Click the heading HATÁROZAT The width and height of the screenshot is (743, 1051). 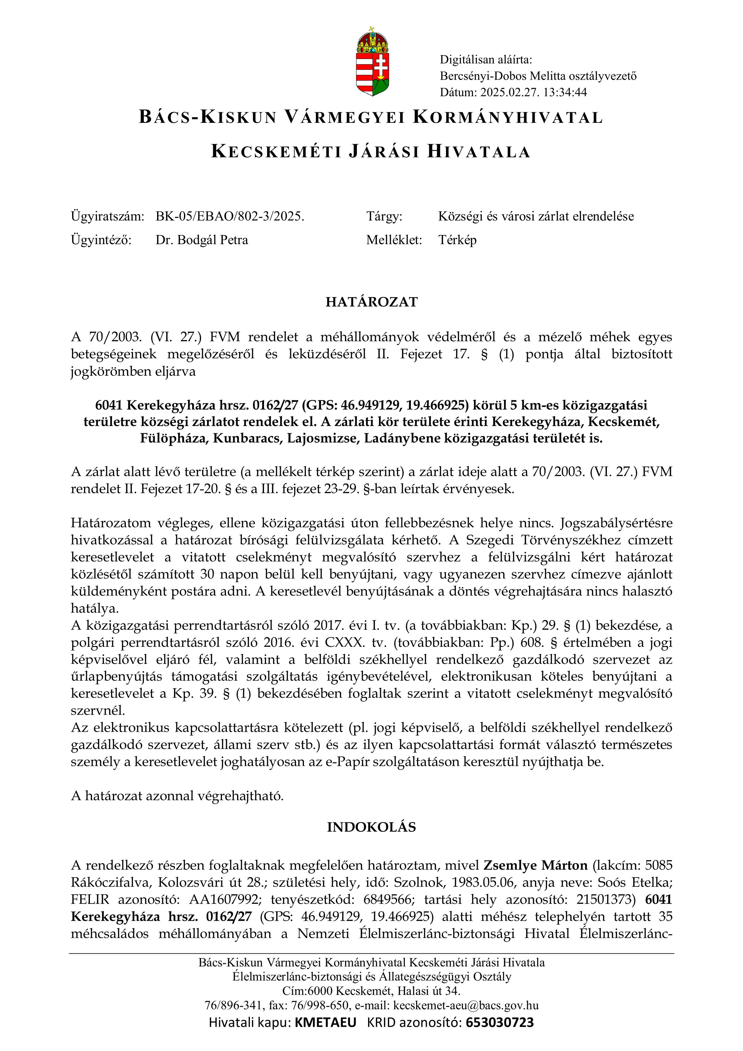[372, 302]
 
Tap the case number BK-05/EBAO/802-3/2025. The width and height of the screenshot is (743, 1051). [230, 217]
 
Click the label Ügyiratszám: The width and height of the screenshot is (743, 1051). [108, 217]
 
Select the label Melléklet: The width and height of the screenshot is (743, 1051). [394, 240]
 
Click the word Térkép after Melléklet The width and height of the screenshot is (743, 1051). [457, 240]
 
